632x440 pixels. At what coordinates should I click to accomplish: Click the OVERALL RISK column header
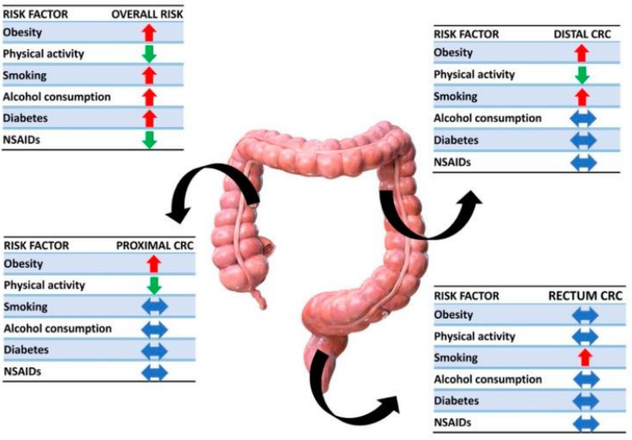tap(147, 14)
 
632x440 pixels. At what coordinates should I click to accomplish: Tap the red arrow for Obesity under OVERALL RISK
tap(149, 33)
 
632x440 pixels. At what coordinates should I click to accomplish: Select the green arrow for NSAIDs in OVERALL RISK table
tap(149, 140)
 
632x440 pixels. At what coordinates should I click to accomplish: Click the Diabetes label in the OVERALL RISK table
tap(24, 119)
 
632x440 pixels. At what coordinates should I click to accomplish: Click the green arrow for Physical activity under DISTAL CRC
tap(581, 75)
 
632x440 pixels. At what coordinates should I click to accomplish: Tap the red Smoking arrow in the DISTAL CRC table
tap(581, 97)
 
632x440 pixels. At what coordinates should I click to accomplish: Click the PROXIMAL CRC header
tap(154, 245)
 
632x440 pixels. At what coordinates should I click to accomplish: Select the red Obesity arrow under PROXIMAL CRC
tap(154, 264)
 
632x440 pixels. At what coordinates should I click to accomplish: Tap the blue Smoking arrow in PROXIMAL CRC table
tap(154, 307)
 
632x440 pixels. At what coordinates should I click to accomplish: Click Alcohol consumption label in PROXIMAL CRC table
tap(57, 329)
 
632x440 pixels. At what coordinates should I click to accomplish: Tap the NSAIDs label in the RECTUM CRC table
tap(453, 422)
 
